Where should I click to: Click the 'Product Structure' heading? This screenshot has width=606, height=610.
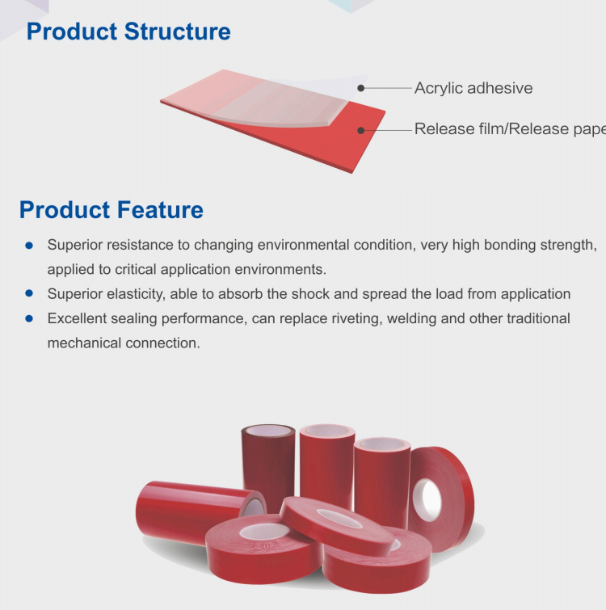coord(128,32)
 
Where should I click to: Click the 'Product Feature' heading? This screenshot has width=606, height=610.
coord(112,210)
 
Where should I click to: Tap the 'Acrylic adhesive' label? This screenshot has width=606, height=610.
coord(473,88)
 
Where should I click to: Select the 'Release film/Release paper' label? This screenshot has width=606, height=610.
coord(510,128)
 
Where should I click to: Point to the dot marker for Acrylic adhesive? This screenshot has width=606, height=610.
coord(361,88)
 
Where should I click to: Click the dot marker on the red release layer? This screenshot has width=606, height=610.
coord(361,130)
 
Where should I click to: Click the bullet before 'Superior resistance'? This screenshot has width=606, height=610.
coord(29,246)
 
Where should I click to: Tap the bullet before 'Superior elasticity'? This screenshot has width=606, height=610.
coord(29,293)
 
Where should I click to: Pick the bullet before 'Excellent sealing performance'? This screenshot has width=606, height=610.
coord(29,318)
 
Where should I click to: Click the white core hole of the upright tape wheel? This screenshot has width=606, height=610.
coord(427,500)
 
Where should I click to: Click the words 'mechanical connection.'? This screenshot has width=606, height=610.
coord(124,343)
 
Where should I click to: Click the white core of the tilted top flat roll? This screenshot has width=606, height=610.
coord(339,518)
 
